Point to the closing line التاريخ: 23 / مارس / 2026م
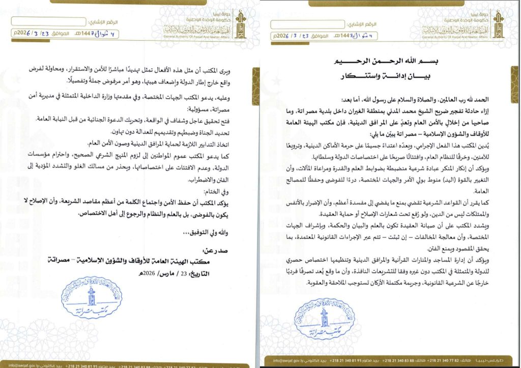178,274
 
